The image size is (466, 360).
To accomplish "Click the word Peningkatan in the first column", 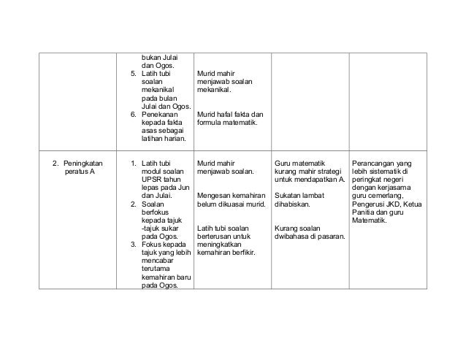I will [x=84, y=163].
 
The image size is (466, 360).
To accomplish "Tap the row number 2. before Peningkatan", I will [x=56, y=163].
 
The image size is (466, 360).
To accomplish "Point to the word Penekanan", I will [x=158, y=115].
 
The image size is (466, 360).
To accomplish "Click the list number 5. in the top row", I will [x=133, y=74].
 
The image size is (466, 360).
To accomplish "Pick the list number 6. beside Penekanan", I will [x=133, y=115].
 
